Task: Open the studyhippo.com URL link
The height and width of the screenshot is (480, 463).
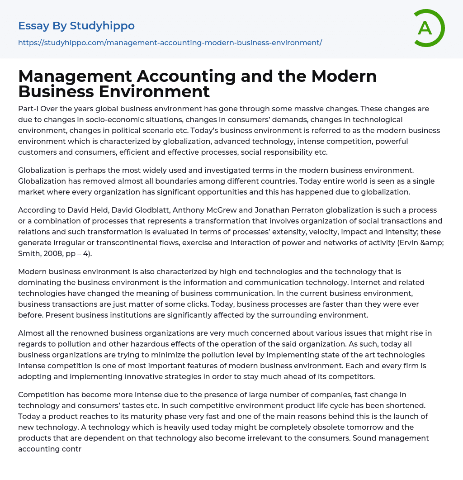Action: click(170, 43)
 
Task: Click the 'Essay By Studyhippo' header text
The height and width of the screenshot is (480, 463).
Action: click(76, 26)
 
